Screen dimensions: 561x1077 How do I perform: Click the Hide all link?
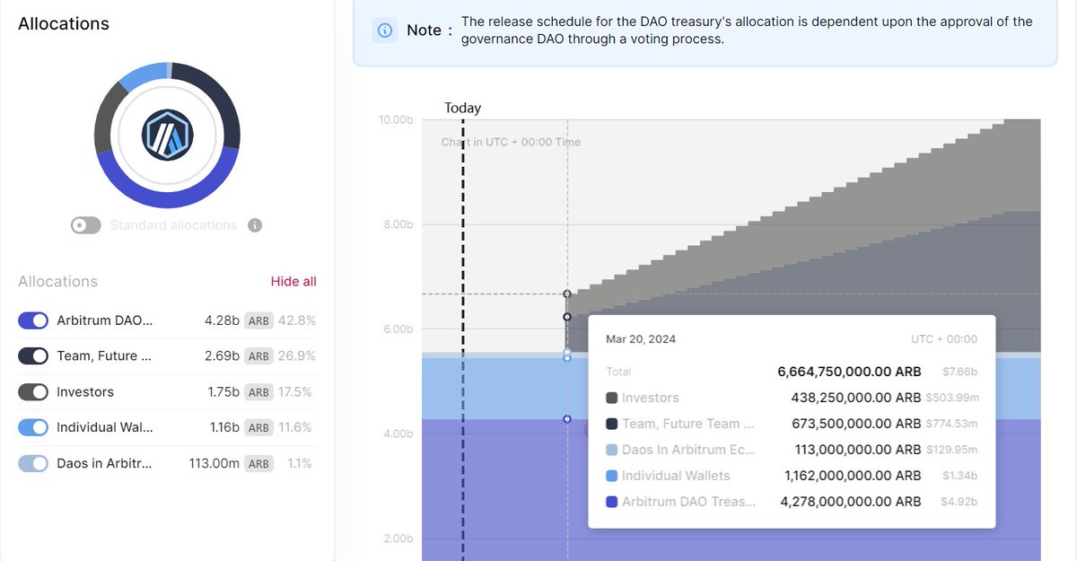(x=293, y=281)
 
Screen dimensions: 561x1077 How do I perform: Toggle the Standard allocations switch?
(x=86, y=225)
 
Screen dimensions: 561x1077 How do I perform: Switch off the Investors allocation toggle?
(x=33, y=392)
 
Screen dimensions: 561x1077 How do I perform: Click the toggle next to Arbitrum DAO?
(x=33, y=320)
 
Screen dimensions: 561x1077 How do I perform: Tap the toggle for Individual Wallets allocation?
(x=33, y=428)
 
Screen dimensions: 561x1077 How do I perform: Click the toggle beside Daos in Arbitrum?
(x=33, y=464)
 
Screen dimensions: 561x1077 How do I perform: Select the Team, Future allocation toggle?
(x=33, y=356)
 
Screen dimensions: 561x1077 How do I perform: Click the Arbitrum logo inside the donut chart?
(x=167, y=135)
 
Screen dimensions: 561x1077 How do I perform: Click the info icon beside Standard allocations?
(x=255, y=225)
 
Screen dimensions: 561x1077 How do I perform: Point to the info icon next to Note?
(x=385, y=31)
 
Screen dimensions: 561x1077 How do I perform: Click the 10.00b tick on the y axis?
(x=395, y=119)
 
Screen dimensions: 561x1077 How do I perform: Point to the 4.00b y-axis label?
(x=397, y=434)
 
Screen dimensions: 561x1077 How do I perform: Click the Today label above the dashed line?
(x=463, y=108)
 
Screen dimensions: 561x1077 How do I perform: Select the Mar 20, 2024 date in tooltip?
(x=641, y=339)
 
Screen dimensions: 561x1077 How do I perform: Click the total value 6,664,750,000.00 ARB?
(x=849, y=372)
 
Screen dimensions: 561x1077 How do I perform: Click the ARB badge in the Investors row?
(x=258, y=392)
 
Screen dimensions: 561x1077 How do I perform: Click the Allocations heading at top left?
(x=64, y=24)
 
